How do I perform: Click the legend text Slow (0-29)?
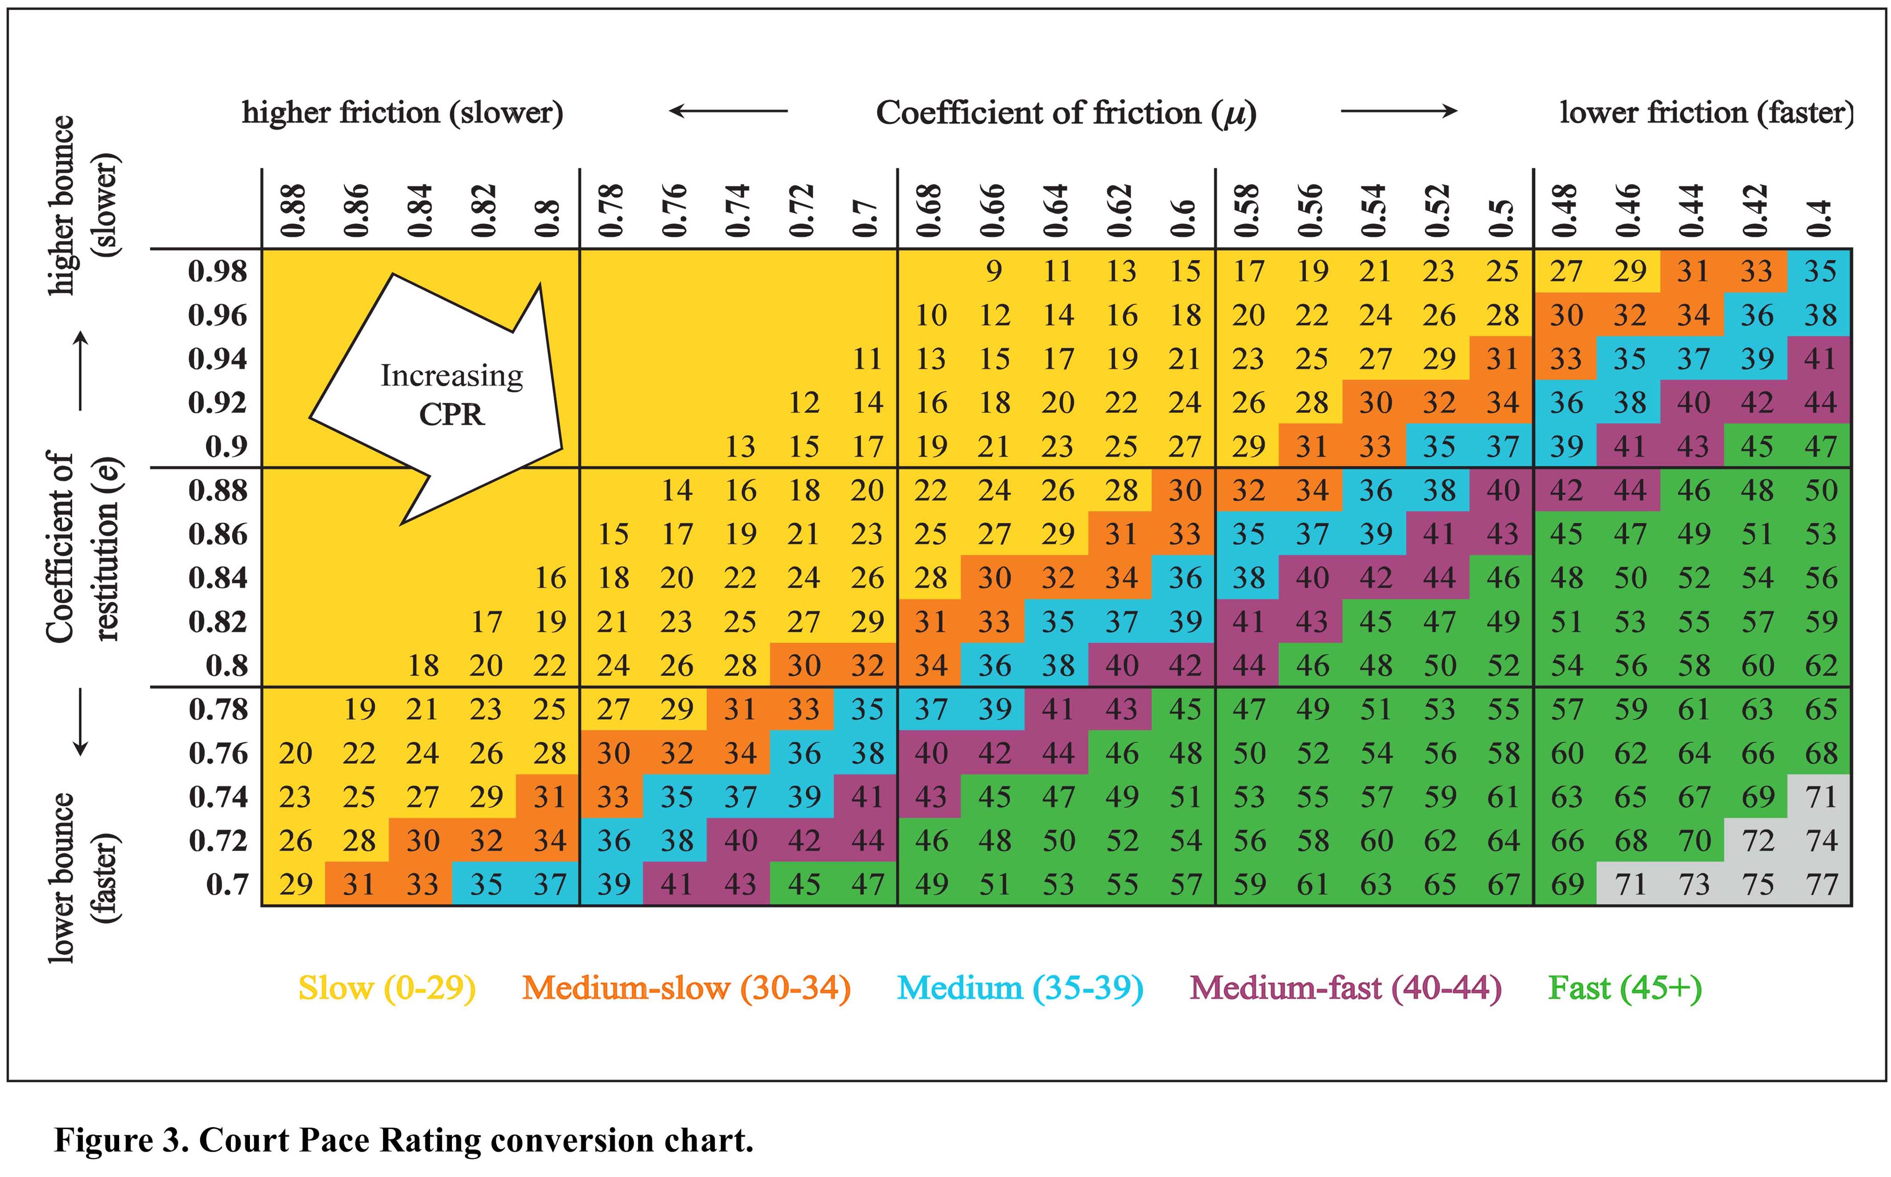click(387, 988)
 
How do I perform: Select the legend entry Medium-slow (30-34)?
click(686, 988)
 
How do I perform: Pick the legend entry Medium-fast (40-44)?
click(1345, 988)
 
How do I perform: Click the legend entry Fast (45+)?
click(1625, 988)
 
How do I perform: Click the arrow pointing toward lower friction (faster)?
click(1398, 111)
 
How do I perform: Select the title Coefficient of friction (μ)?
click(1066, 113)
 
